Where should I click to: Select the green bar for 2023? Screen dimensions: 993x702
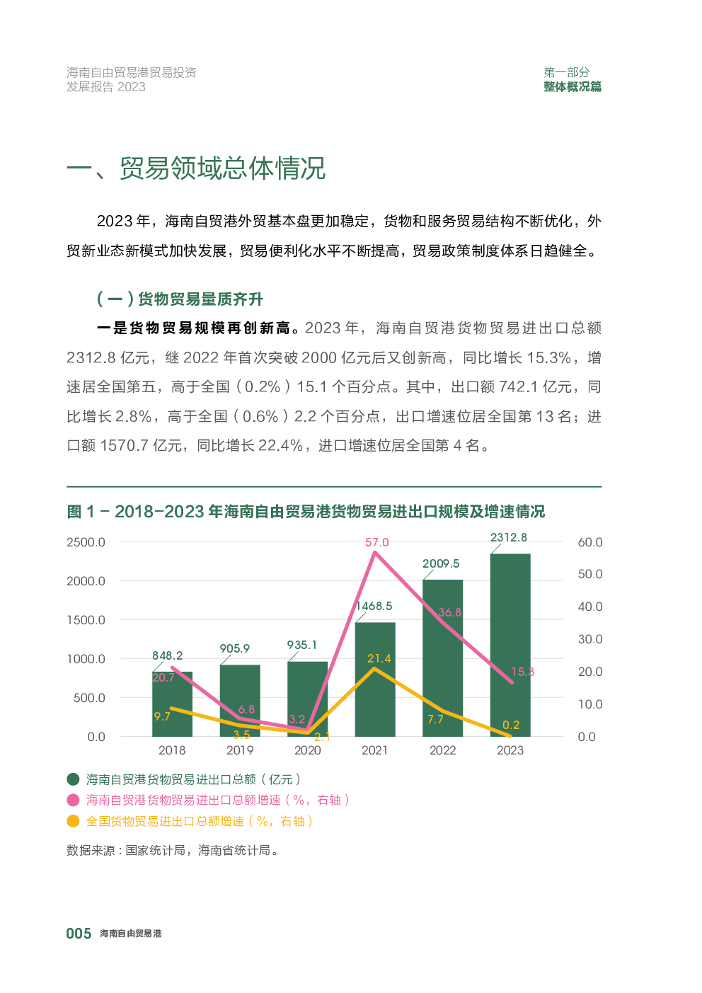510,644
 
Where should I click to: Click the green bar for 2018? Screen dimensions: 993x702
172,704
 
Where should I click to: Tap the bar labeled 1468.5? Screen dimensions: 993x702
374,679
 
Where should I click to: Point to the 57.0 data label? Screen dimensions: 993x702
376,542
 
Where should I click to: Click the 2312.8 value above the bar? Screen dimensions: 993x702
509,537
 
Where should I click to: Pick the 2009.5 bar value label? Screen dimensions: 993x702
441,563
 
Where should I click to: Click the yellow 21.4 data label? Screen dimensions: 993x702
379,658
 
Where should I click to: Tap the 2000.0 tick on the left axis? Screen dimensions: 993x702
86,581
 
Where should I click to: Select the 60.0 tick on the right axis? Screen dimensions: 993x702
589,542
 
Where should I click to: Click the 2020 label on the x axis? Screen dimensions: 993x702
307,750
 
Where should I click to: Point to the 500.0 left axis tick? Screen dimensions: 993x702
89,698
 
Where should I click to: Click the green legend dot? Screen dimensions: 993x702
73,779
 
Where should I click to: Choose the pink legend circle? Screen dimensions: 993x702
73,800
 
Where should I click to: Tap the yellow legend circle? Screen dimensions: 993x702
73,821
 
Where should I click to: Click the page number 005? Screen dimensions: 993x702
79,934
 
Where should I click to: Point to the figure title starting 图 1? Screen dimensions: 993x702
306,512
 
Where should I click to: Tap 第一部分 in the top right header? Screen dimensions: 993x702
566,72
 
